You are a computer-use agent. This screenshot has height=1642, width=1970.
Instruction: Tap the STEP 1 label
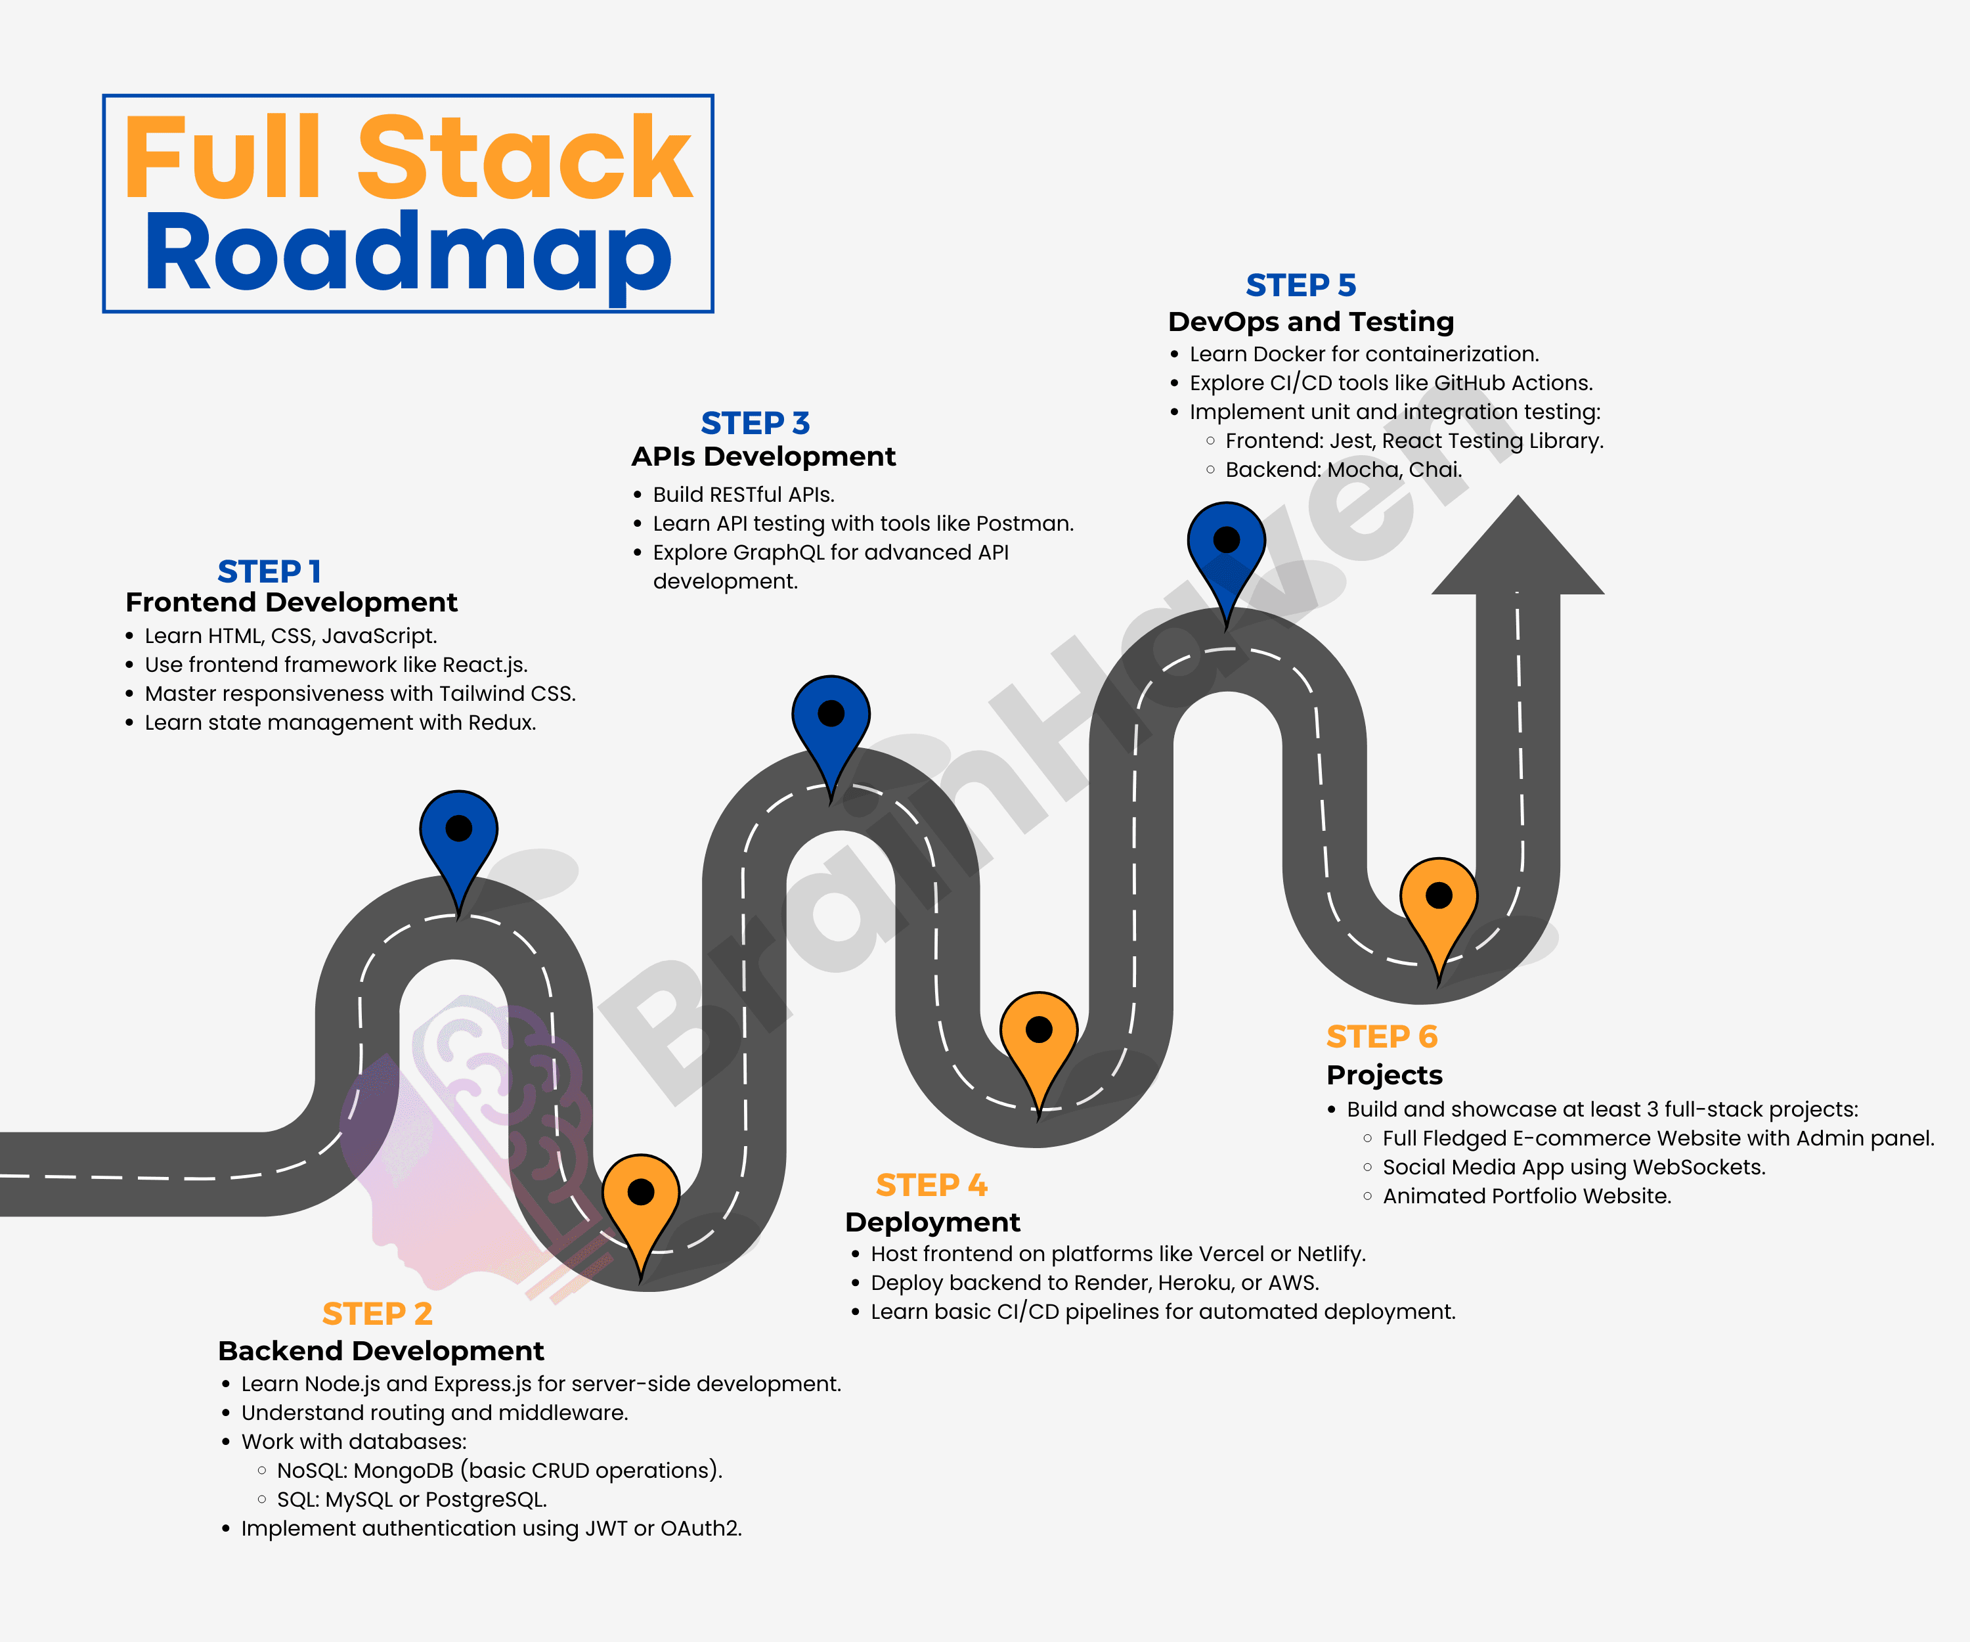[269, 571]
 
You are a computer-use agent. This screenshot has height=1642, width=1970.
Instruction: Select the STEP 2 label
[377, 1313]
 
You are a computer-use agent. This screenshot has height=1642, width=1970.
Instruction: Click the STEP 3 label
[755, 423]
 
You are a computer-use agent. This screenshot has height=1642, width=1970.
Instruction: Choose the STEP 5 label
[1300, 284]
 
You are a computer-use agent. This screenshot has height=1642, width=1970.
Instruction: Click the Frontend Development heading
[291, 602]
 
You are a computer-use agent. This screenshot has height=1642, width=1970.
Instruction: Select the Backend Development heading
[380, 1350]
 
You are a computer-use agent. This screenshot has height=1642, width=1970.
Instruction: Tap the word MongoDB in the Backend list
[403, 1471]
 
